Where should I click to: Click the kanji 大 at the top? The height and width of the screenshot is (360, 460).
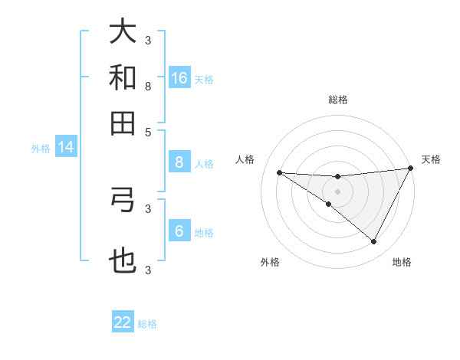(x=123, y=32)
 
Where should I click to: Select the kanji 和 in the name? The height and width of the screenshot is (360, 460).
(x=123, y=77)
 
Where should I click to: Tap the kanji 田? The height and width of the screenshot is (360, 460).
(x=123, y=123)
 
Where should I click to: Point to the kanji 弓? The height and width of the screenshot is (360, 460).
(x=123, y=200)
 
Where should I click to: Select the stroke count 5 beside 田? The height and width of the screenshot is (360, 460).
(x=148, y=132)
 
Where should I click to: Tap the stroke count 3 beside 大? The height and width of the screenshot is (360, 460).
(x=148, y=41)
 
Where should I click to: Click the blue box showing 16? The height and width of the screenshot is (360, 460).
(x=179, y=77)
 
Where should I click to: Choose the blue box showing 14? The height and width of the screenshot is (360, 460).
(x=66, y=148)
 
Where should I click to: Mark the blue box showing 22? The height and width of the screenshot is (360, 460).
(x=123, y=322)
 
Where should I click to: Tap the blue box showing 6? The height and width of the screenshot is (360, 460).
(x=179, y=231)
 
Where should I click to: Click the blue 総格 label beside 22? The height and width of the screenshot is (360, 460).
(x=148, y=324)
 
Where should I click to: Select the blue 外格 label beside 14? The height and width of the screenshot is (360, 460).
(x=41, y=149)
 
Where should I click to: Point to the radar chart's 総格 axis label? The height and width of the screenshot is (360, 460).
(x=338, y=100)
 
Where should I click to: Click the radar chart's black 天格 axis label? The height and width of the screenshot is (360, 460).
(x=431, y=159)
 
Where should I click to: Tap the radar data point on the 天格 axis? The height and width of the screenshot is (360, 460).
(x=410, y=169)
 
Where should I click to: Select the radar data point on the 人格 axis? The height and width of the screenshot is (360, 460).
(x=280, y=172)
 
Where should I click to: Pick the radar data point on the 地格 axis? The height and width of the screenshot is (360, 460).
(x=374, y=241)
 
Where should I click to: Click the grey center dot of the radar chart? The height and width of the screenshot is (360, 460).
(x=337, y=191)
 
